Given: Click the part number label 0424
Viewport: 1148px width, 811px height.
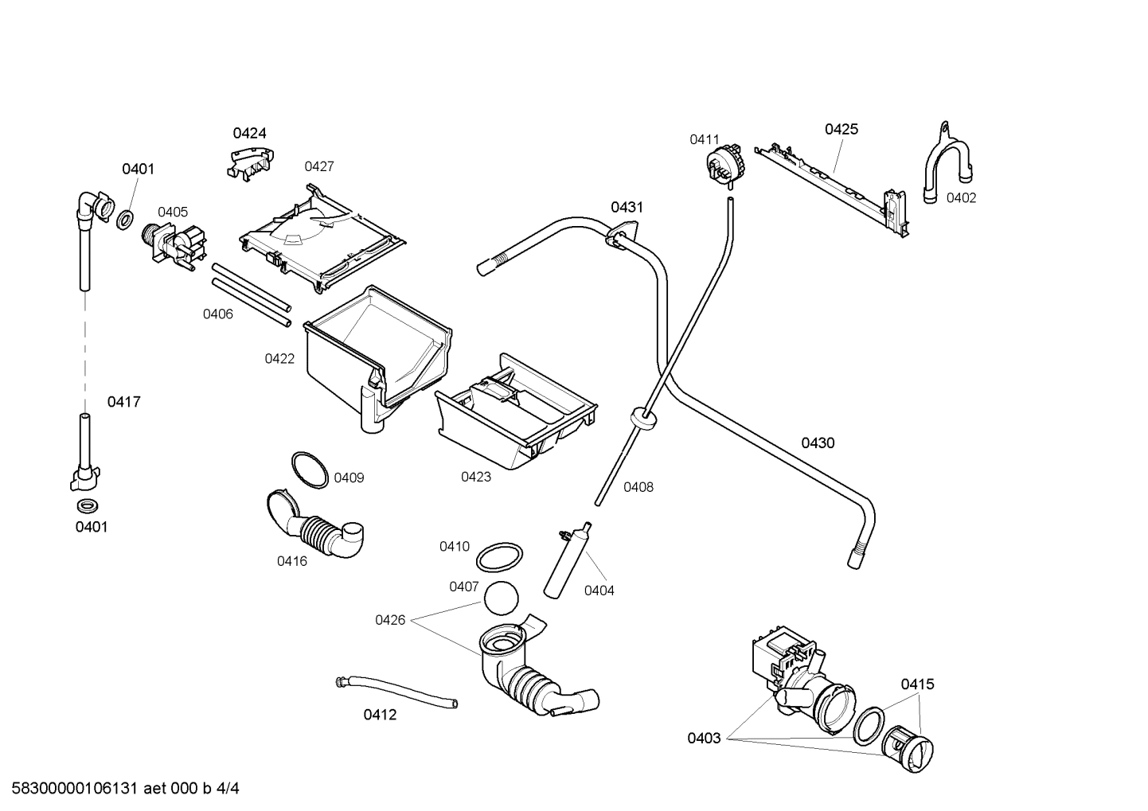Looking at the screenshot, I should pos(249,133).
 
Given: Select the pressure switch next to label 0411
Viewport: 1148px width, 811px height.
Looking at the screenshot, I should pos(724,166).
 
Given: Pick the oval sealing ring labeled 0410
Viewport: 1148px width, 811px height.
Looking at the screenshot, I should pos(500,557).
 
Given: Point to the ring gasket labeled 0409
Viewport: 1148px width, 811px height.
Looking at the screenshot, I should pos(309,470).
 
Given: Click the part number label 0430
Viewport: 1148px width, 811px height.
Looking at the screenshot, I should pos(818,443).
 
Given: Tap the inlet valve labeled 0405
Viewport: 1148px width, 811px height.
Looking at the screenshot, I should pos(174,244).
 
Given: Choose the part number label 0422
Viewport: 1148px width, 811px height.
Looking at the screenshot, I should pos(279,359).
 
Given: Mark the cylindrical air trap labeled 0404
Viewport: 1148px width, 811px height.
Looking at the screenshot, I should pos(567,560).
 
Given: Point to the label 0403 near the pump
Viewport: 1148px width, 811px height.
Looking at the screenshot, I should pos(704,739).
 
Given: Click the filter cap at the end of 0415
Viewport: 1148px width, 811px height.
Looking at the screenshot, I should pos(908,749).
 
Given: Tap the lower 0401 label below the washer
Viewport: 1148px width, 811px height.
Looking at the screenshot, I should pos(92,527).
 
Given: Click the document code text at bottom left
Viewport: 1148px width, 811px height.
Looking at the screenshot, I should pos(121,789).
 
